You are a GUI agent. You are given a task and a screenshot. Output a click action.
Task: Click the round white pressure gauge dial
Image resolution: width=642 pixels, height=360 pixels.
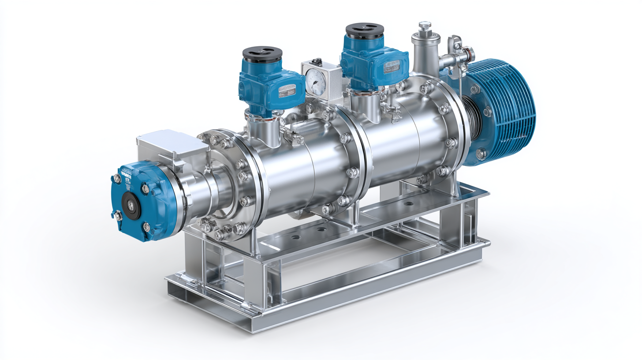click(x=314, y=81)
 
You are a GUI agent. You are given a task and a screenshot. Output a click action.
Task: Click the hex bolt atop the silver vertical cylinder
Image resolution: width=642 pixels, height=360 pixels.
click(x=424, y=26)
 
